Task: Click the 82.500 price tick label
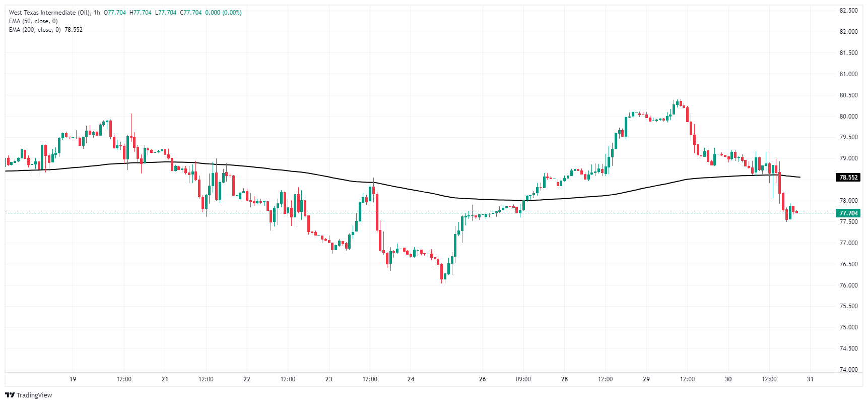(x=848, y=11)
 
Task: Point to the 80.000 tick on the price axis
(x=848, y=116)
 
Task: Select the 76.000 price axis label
(x=848, y=285)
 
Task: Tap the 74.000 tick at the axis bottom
(x=848, y=369)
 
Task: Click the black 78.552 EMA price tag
(x=848, y=178)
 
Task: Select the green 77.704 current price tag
(x=848, y=213)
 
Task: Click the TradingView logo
(x=29, y=395)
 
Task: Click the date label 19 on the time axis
(x=73, y=379)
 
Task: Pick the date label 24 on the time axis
(x=411, y=379)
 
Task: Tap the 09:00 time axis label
(x=523, y=379)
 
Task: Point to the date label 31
(x=810, y=379)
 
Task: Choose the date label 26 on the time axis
(x=482, y=379)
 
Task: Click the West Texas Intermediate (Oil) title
(x=49, y=13)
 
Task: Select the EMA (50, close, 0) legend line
(x=33, y=21)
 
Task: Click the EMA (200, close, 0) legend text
(x=35, y=30)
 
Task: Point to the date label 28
(x=564, y=379)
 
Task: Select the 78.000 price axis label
(x=848, y=201)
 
